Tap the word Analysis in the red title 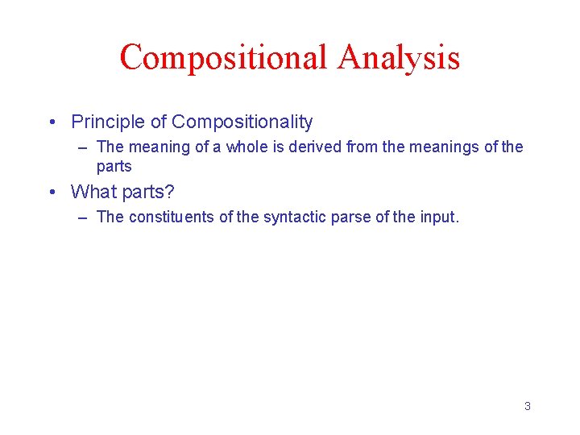(399, 58)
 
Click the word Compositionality (242, 122)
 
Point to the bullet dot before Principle (52, 122)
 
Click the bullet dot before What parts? (52, 192)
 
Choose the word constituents (168, 217)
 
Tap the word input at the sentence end (436, 217)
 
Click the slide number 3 (527, 406)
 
